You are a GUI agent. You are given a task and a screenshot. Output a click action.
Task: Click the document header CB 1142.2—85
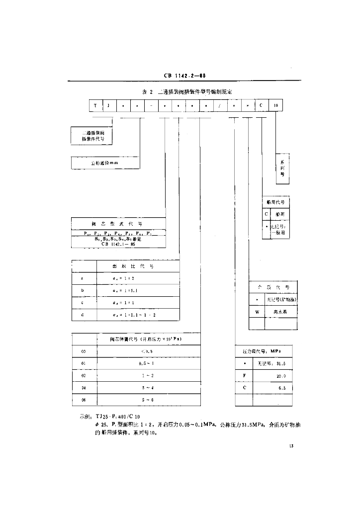pyautogui.click(x=184, y=76)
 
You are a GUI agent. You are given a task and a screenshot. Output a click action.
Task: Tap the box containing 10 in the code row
pyautogui.click(x=275, y=105)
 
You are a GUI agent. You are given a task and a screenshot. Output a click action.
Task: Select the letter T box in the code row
pyautogui.click(x=95, y=105)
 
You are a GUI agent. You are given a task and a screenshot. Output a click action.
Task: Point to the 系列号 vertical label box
pyautogui.click(x=282, y=169)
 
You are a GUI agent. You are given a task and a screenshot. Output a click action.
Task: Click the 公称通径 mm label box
pyautogui.click(x=105, y=163)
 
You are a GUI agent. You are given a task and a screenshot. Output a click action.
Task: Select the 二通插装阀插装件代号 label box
pyautogui.click(x=92, y=136)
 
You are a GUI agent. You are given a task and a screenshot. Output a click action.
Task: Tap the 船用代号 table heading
pyautogui.click(x=275, y=203)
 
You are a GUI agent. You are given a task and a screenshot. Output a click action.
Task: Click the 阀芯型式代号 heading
pyautogui.click(x=118, y=223)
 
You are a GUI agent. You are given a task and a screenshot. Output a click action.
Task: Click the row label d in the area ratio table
pyautogui.click(x=82, y=315)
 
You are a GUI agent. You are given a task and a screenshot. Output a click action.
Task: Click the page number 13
pyautogui.click(x=291, y=445)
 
